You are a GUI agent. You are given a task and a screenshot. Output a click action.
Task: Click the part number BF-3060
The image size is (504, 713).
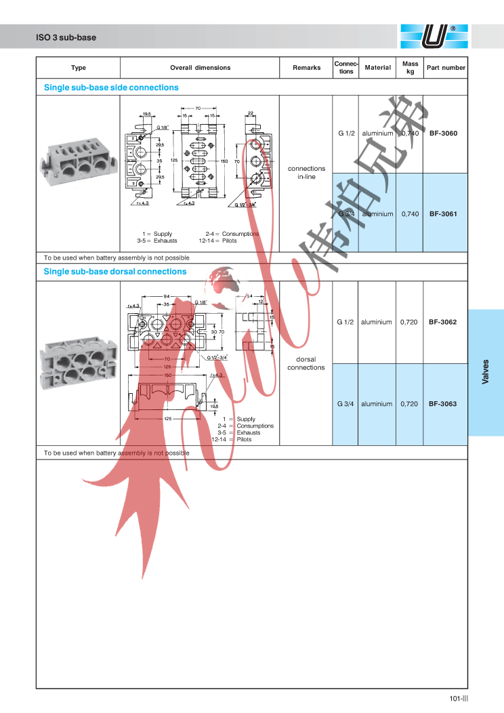coord(443,134)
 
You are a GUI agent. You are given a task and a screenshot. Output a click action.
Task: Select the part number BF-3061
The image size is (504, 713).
coord(443,214)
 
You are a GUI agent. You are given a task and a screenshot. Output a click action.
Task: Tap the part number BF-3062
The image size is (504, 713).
coord(443,322)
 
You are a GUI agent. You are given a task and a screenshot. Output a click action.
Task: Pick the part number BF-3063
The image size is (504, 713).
coord(443,404)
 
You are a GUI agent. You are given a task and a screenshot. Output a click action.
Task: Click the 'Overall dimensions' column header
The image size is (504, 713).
coord(200,68)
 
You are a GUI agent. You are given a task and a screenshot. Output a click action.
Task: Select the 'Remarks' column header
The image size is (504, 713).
coord(306,68)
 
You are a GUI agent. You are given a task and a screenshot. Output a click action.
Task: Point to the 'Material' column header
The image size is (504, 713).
coord(377,68)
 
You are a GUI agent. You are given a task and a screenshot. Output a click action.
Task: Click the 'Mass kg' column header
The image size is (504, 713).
coord(411,67)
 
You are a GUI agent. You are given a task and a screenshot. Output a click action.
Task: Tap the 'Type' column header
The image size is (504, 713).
coord(79,68)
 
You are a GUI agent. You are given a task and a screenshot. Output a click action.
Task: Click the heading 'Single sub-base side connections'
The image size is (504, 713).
coord(111,87)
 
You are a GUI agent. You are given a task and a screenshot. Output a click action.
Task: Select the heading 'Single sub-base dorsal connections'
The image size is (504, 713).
coord(115,272)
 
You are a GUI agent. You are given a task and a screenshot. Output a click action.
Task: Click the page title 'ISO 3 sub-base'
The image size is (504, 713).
coord(66,37)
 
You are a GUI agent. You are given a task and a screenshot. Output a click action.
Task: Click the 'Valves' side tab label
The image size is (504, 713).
coord(485,372)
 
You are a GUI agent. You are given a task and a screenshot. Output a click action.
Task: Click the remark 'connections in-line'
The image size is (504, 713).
coord(306,173)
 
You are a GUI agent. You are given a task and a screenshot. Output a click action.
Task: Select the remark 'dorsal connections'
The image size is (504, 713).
coord(306,363)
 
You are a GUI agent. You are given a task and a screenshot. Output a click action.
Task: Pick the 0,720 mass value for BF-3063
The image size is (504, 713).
coord(410,404)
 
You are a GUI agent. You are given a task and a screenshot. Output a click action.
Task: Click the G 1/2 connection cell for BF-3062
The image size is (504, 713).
coord(345,322)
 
